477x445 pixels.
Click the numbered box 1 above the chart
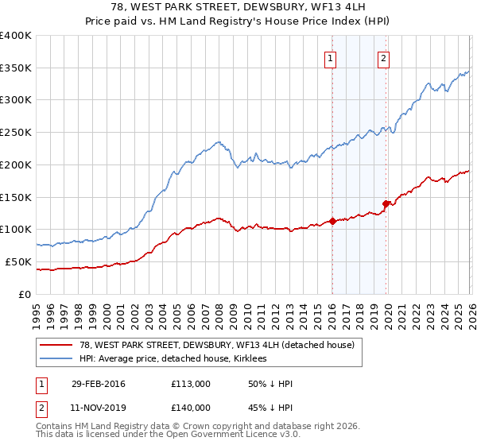click(329, 57)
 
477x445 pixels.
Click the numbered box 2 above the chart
click(383, 57)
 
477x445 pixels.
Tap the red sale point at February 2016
click(332, 221)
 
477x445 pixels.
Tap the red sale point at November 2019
click(386, 203)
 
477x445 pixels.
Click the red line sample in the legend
click(57, 345)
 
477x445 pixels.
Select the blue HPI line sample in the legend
click(57, 358)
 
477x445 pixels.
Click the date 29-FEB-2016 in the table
click(97, 384)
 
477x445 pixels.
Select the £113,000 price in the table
click(191, 384)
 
